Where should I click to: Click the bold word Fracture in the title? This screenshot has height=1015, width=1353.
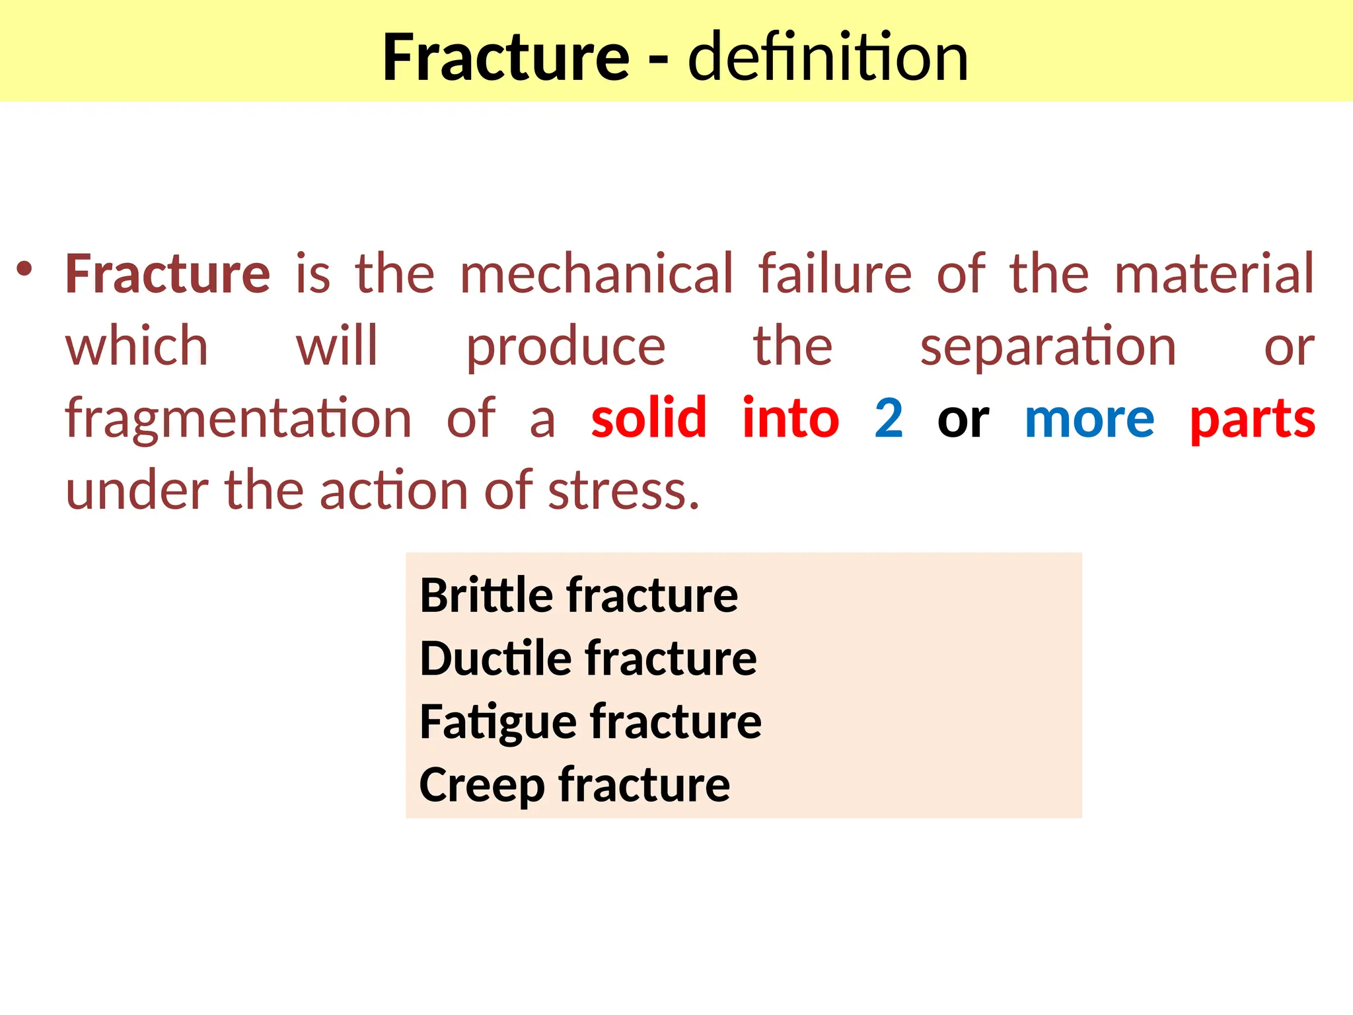click(x=505, y=58)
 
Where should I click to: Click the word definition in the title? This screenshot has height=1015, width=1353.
click(x=828, y=58)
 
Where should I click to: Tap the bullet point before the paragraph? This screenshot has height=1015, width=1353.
click(x=24, y=269)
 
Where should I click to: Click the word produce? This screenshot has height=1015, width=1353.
click(x=566, y=348)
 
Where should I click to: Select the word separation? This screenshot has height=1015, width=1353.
click(x=1048, y=348)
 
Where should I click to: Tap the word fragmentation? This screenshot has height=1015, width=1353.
click(x=238, y=420)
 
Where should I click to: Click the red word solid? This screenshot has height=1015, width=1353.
click(x=649, y=419)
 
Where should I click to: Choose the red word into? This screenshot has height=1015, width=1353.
click(x=791, y=419)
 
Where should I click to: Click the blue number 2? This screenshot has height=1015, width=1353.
click(x=889, y=419)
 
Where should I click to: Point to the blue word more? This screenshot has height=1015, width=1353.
click(x=1089, y=419)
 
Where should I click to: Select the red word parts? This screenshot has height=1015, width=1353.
click(x=1253, y=420)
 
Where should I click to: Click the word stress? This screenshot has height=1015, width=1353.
click(x=623, y=492)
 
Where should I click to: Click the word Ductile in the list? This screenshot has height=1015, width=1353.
click(x=496, y=659)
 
